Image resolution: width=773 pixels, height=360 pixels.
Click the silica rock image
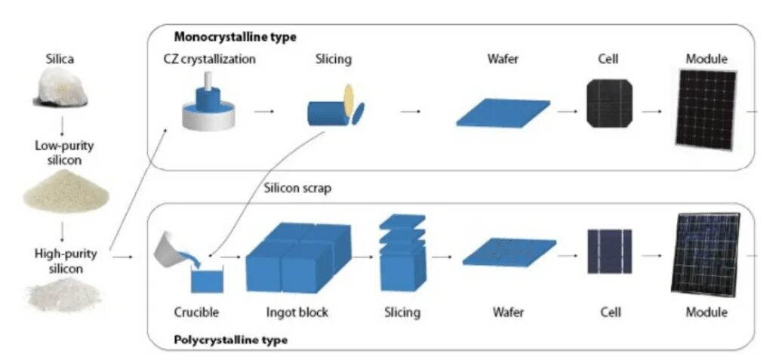coord(61,89)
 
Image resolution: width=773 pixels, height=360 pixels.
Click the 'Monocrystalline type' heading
coord(235,36)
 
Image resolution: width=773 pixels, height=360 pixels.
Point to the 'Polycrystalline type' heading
coord(230,340)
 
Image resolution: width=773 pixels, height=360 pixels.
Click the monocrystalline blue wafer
coord(503,112)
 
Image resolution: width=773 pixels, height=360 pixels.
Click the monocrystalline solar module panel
coord(706,109)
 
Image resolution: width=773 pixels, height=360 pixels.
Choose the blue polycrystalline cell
coord(609,251)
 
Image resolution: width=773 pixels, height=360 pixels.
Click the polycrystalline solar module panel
coord(706,253)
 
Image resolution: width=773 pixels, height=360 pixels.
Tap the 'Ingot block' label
coord(297,312)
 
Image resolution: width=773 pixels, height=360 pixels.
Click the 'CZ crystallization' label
coord(209,59)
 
